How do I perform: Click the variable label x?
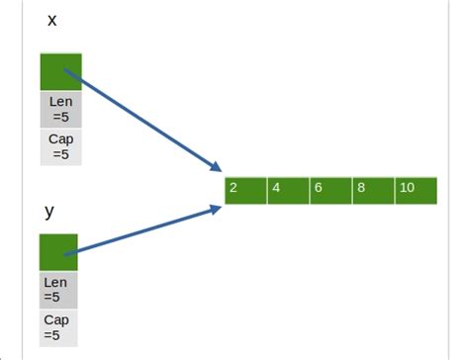point(51,21)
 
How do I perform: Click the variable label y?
point(48,212)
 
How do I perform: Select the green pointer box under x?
point(60,71)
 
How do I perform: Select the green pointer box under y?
point(58,252)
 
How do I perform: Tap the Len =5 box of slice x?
point(60,109)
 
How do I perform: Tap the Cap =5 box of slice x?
point(60,146)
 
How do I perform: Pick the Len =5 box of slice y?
point(58,290)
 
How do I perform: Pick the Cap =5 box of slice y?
point(58,327)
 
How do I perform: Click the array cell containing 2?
point(245,189)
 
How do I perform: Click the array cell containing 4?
point(288,189)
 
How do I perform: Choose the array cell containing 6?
point(330,189)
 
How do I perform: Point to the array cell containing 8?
point(373,189)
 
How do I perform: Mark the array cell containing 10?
point(416,189)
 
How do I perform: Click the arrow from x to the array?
point(143,119)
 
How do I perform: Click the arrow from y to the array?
point(143,229)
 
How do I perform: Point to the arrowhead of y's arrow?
point(215,208)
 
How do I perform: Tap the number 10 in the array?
point(407,187)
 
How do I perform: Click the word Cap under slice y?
point(57,319)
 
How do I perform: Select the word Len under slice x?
point(60,101)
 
